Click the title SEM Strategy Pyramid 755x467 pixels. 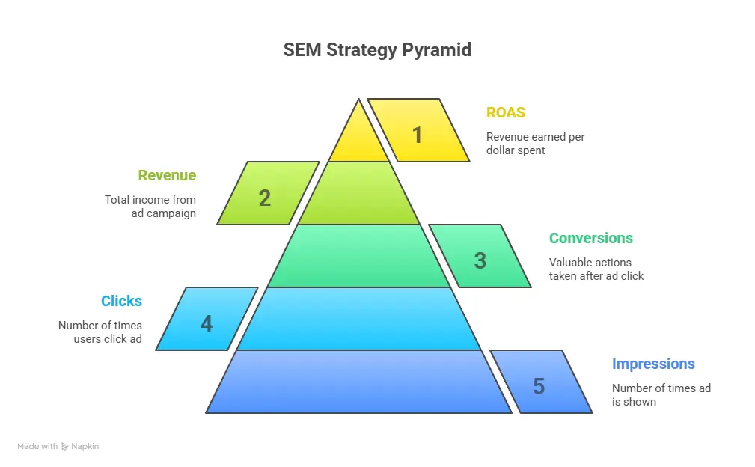coord(377,50)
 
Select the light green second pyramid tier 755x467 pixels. coord(359,194)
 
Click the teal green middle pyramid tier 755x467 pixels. coord(359,256)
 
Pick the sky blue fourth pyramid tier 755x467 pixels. coord(359,319)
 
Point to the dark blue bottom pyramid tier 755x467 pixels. coord(359,382)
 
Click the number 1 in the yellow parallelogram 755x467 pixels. coord(418,135)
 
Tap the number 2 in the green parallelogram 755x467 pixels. coord(265,198)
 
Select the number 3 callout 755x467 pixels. coord(480,260)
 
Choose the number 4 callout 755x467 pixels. coord(207,323)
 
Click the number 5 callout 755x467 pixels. coord(539,386)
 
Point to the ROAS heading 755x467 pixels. coord(506,113)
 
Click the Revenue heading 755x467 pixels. coord(167,176)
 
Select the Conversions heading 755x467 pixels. coord(590,239)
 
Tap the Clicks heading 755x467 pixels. coord(121,302)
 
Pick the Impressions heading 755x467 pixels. coord(653,364)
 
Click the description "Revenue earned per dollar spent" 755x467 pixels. coord(535,144)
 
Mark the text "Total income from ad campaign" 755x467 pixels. coord(150,207)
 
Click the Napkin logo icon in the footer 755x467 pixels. coord(65,447)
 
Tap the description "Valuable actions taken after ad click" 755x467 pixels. coord(596,269)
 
